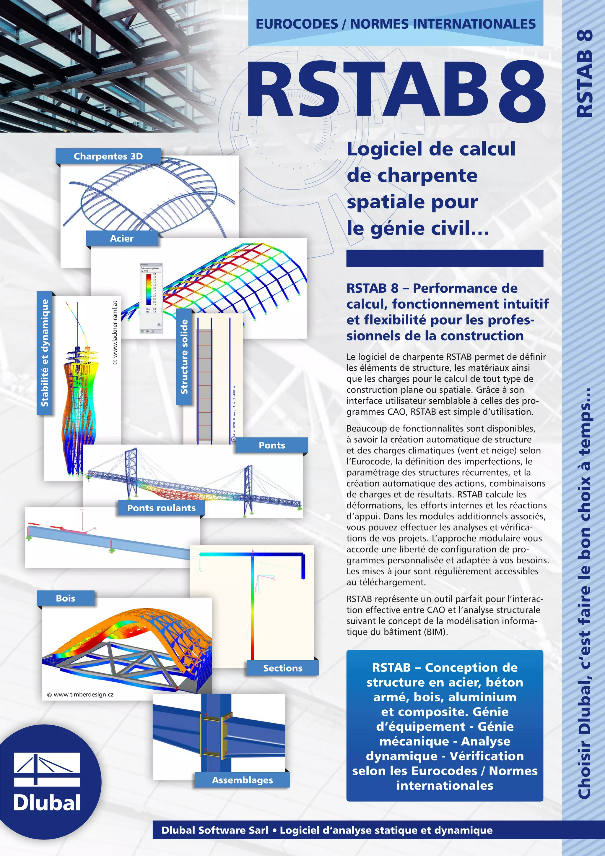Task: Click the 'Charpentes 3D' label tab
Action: [x=108, y=156]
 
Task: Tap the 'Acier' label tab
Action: [x=122, y=239]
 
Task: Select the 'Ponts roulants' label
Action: [x=161, y=508]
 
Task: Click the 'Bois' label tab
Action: [x=66, y=598]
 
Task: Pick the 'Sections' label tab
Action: [x=283, y=668]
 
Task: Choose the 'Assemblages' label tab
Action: [x=242, y=780]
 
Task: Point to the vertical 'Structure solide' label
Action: [x=184, y=357]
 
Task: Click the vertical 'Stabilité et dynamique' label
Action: [x=45, y=353]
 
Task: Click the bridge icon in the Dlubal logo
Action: [x=47, y=769]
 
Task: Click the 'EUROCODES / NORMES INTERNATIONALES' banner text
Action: [x=396, y=24]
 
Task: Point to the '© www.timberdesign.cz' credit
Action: [x=80, y=695]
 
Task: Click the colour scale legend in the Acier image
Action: [x=149, y=291]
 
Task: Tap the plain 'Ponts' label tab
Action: [x=272, y=445]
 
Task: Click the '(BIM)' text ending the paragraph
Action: [x=435, y=632]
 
